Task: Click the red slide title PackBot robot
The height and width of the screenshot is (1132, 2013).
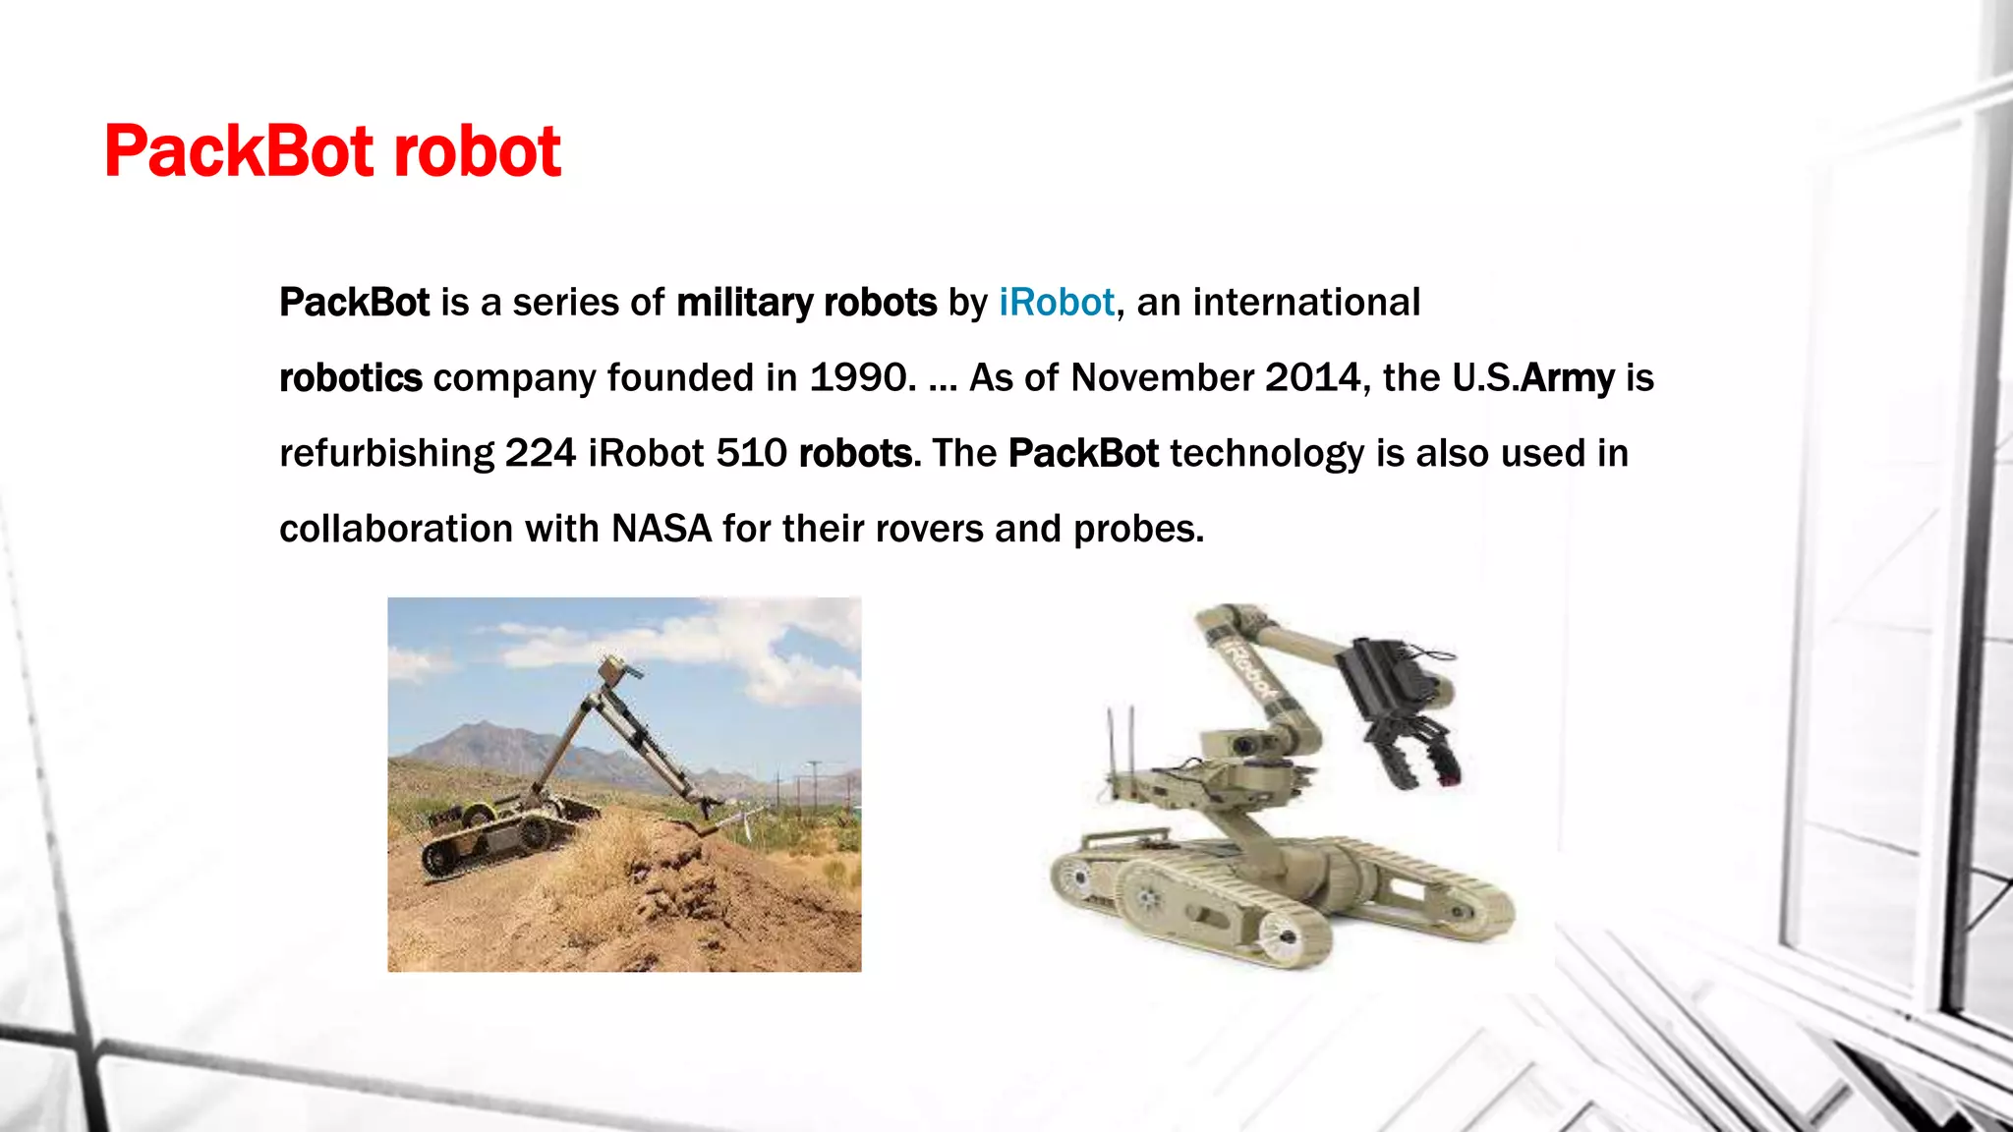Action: click(x=332, y=152)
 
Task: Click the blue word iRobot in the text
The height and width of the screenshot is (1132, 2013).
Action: click(x=1057, y=303)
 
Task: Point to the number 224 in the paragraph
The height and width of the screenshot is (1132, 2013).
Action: click(x=540, y=454)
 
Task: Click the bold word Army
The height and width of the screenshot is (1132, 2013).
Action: click(x=1567, y=378)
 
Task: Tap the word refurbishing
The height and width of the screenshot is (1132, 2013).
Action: click(x=386, y=454)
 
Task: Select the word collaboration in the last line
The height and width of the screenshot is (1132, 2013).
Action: click(x=396, y=530)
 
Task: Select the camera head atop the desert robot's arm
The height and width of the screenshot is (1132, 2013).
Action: click(x=618, y=670)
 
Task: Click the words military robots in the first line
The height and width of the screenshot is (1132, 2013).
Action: click(x=806, y=303)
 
